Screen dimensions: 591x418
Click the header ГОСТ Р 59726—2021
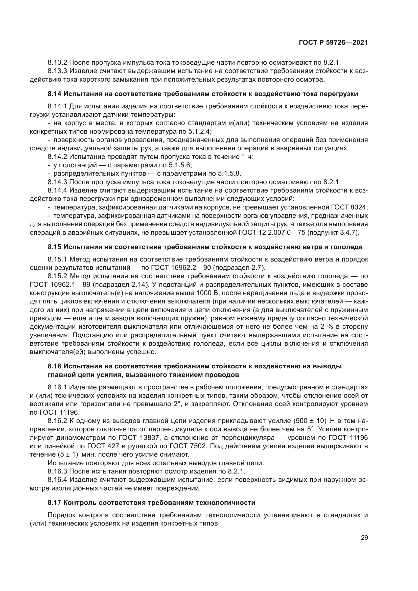pos(333,43)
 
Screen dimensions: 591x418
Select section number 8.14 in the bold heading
pos(54,94)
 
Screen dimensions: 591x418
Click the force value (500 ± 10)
pos(310,421)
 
